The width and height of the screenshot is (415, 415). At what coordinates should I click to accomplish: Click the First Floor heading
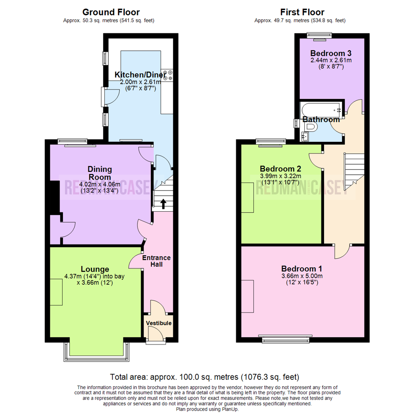coord(302,12)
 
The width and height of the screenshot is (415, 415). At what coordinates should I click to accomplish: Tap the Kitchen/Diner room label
coord(138,75)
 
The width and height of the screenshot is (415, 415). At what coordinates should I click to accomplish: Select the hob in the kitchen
coord(168,75)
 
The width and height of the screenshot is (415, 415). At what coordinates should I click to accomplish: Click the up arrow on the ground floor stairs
coord(163,204)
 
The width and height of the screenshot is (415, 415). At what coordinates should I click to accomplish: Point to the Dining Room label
coord(100,173)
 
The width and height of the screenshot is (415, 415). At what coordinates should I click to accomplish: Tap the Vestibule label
coord(159,323)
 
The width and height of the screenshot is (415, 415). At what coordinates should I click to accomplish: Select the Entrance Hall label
coord(156,261)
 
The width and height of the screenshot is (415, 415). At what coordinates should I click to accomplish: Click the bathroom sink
coord(306,136)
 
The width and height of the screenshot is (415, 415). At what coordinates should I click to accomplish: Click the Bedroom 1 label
coord(302,269)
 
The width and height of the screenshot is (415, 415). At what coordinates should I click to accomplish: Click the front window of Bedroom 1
coord(286,340)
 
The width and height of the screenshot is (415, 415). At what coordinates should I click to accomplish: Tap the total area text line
coord(204,377)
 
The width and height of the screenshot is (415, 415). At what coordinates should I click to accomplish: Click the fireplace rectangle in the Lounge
coord(56,292)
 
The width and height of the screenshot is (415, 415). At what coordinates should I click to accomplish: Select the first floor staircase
coord(354,171)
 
